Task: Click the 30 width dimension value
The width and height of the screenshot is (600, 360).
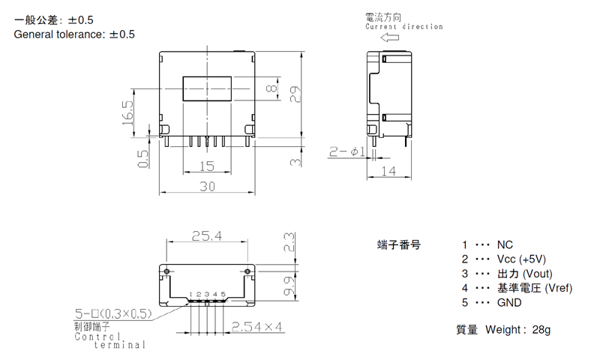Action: [207, 186]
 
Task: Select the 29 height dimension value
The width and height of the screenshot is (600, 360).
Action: [295, 94]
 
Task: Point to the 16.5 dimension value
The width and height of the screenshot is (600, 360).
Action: [127, 112]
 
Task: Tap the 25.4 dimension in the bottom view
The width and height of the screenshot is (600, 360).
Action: [207, 235]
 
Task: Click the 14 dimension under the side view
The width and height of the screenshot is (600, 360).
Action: [388, 171]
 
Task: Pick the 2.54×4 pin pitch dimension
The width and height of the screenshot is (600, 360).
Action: [256, 327]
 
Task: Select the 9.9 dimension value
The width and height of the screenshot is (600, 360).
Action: [289, 286]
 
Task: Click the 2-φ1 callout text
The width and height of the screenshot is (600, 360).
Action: [347, 152]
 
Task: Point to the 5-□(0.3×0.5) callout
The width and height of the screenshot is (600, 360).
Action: [113, 313]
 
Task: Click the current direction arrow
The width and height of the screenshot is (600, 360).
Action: [389, 37]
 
